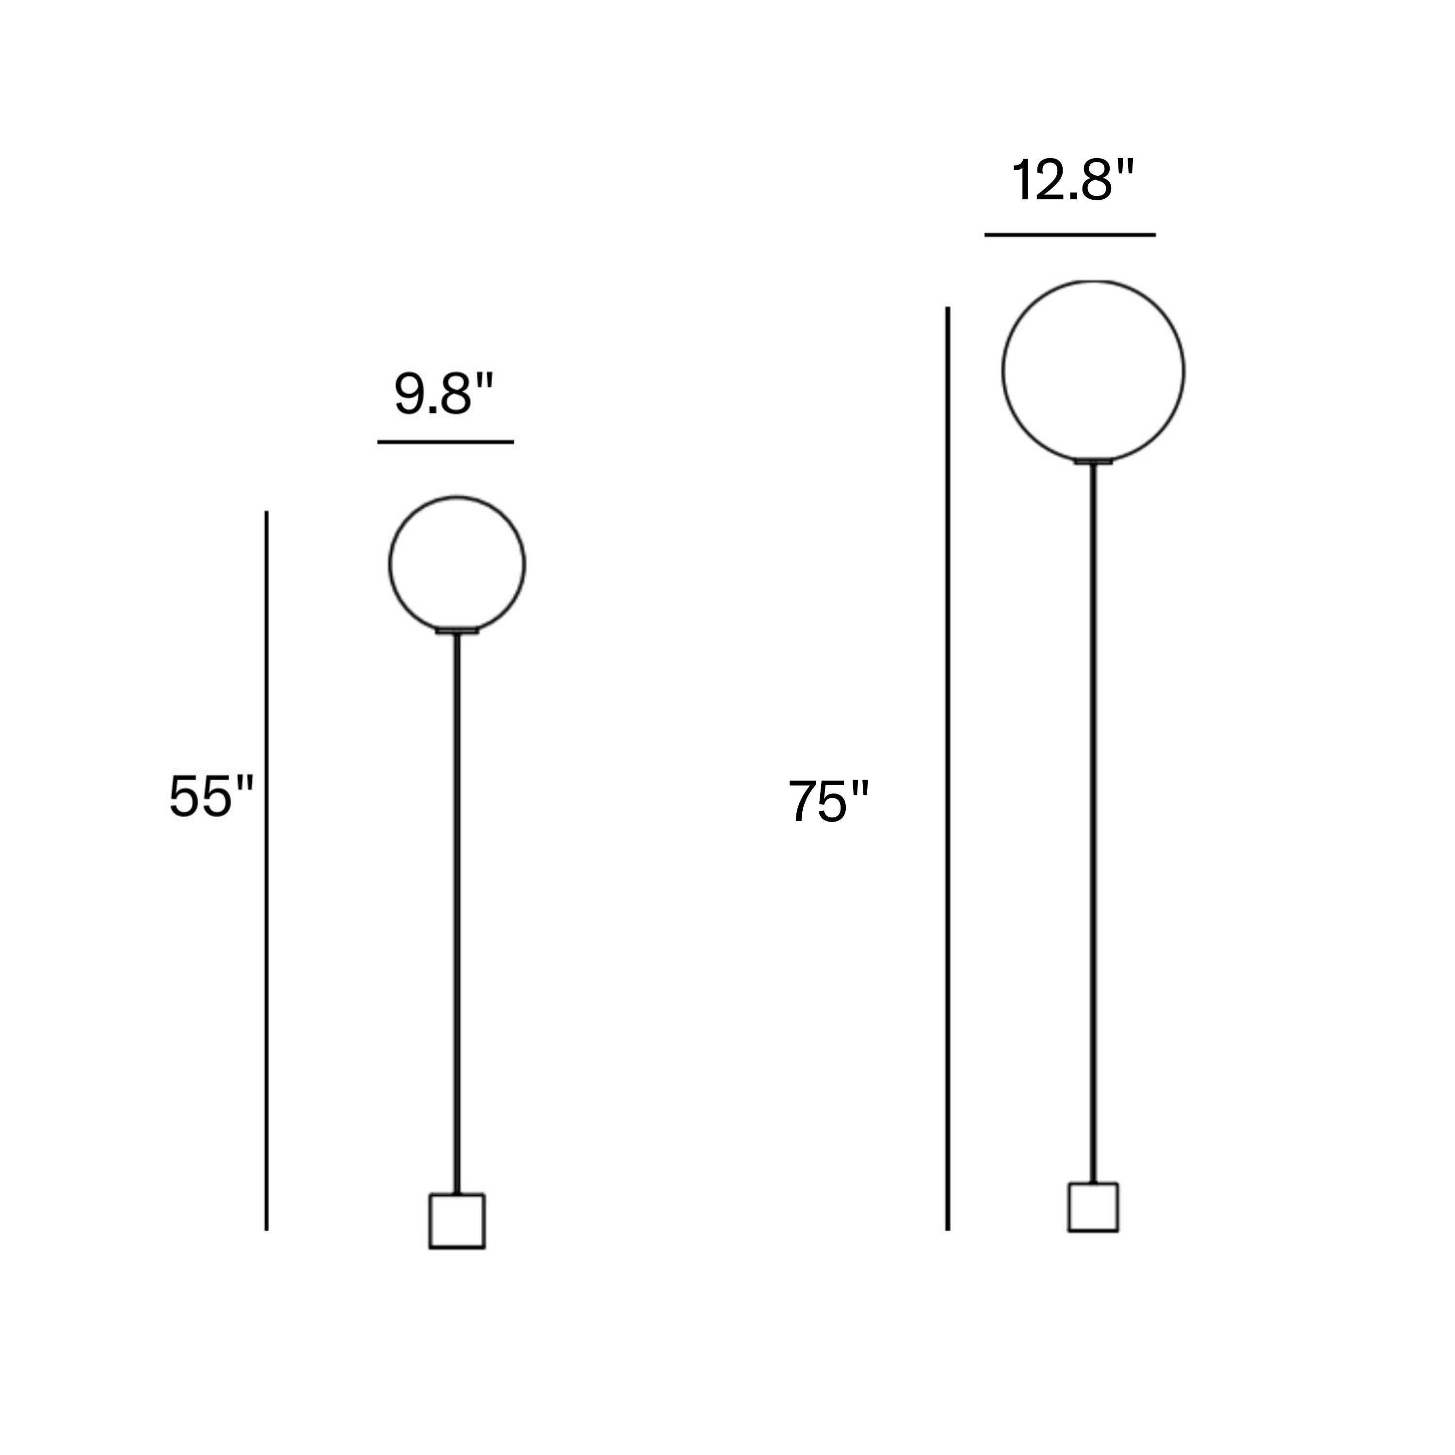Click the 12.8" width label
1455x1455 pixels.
1072,181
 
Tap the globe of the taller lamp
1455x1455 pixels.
1002,371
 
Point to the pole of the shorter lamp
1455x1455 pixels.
457,913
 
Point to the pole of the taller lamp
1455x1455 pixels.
1094,824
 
